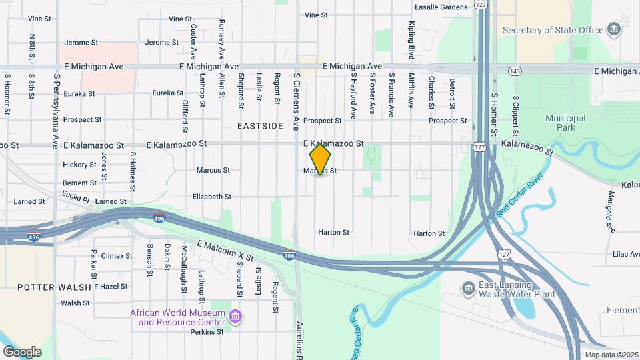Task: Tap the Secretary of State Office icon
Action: tap(614, 30)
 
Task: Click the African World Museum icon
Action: tap(234, 316)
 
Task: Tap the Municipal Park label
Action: tap(565, 123)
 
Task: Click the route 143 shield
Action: tap(514, 70)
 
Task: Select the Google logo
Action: tap(22, 351)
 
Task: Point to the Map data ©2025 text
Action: tap(611, 355)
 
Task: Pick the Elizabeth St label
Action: tap(211, 197)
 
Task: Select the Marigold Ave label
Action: tap(611, 211)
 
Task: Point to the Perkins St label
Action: tap(206, 331)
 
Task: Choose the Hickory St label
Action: tap(79, 165)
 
